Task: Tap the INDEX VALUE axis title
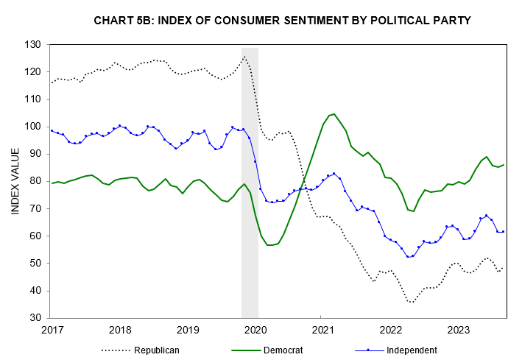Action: click(x=15, y=181)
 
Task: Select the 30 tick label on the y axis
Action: click(x=35, y=318)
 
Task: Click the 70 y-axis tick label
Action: click(x=35, y=208)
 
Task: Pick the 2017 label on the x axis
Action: click(x=52, y=330)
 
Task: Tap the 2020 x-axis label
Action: click(x=255, y=330)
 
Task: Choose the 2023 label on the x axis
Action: click(x=459, y=330)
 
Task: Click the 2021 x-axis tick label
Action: click(x=322, y=330)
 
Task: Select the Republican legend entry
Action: click(x=156, y=350)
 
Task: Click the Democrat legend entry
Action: click(x=283, y=350)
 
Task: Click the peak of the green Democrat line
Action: click(x=334, y=113)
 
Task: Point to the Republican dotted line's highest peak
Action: click(x=244, y=57)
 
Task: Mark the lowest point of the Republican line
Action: click(x=411, y=302)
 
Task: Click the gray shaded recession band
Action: click(x=250, y=184)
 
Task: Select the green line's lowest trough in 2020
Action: click(x=270, y=244)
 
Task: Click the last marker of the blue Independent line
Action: click(x=503, y=231)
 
